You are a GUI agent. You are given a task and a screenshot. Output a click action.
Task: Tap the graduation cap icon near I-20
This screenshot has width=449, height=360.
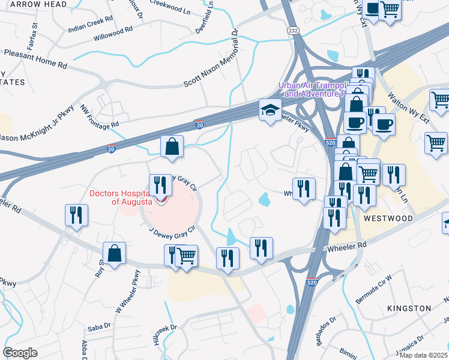tap(270, 110)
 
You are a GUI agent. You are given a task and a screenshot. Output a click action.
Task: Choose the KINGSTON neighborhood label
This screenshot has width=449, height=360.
tap(409, 308)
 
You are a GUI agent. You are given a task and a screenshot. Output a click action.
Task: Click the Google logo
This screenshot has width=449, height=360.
tap(20, 353)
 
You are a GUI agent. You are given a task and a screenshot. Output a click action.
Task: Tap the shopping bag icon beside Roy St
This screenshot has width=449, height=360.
tap(114, 254)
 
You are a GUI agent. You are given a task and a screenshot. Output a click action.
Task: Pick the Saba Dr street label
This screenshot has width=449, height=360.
tap(99, 326)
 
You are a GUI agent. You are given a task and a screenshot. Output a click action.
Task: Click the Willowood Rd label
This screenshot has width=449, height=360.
tap(113, 34)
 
